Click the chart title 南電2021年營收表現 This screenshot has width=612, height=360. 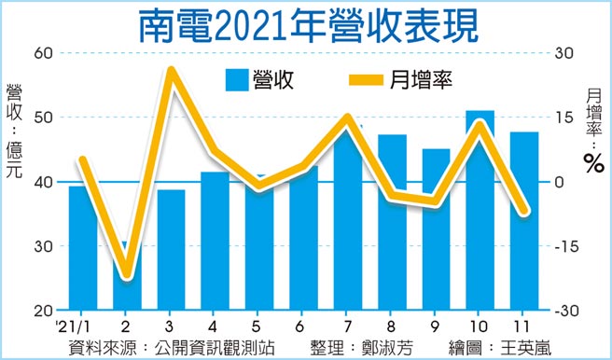pos(306,25)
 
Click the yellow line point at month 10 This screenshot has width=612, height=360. pos(480,123)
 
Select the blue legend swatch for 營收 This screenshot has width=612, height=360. pos(237,80)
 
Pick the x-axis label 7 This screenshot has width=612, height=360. pos(347,326)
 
